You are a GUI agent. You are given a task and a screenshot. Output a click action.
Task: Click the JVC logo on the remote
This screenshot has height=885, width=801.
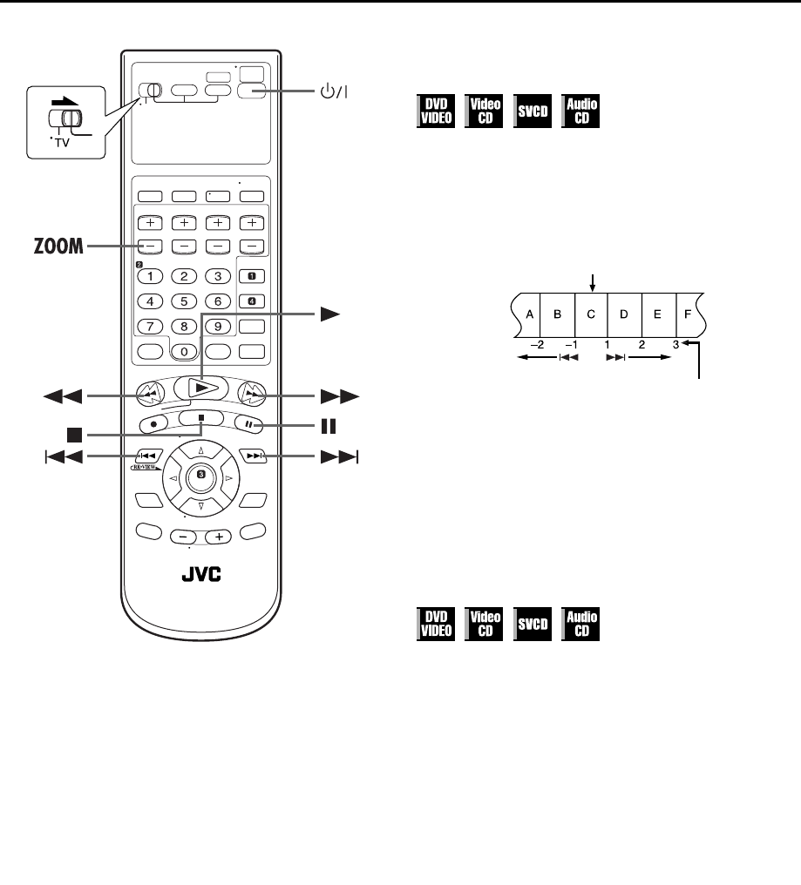coord(200,575)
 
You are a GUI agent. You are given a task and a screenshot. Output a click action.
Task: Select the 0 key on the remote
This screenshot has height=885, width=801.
coord(184,352)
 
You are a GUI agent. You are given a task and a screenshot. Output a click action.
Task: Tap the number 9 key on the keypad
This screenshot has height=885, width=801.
coord(218,327)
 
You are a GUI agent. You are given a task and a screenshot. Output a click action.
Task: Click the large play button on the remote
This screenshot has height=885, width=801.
coord(200,387)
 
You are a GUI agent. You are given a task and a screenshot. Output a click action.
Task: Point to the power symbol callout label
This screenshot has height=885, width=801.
coord(332,91)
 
